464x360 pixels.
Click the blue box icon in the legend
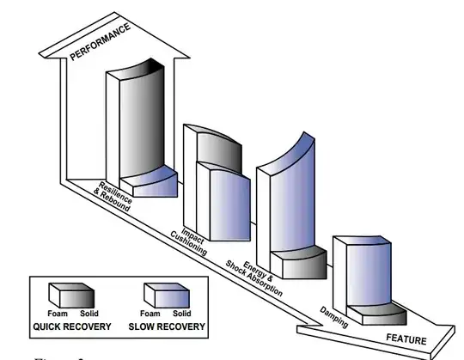(x=162, y=295)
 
